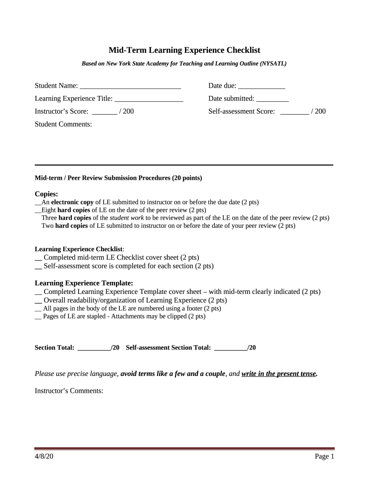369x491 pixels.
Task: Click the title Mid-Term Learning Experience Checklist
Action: (184, 50)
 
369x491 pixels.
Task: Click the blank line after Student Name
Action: (130, 87)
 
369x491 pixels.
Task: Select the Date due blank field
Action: (261, 87)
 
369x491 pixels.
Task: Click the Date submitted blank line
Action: (272, 99)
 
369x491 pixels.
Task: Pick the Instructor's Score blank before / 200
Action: (104, 112)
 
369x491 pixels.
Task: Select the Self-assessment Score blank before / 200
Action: (294, 112)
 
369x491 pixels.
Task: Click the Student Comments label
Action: (63, 124)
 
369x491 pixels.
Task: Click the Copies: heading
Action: (46, 194)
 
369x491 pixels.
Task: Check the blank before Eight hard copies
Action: (38, 210)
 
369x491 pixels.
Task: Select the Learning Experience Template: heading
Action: (84, 283)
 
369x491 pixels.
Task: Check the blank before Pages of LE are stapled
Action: (38, 317)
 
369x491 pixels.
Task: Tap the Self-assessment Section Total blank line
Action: (231, 348)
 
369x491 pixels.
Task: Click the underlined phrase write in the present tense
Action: (279, 374)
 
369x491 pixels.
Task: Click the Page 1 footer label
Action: (324, 456)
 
